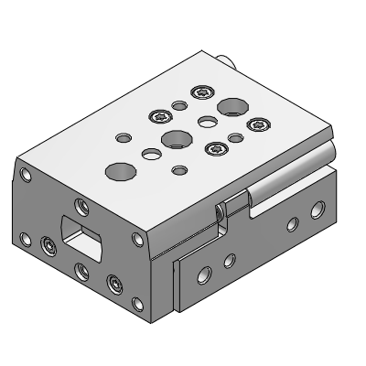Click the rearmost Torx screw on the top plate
point(202,91)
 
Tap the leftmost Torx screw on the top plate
point(161,116)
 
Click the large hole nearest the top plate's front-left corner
point(118,169)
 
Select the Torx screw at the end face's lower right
point(113,284)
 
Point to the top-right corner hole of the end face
point(138,240)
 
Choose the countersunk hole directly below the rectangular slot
point(81,270)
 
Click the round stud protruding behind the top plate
point(229,61)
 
